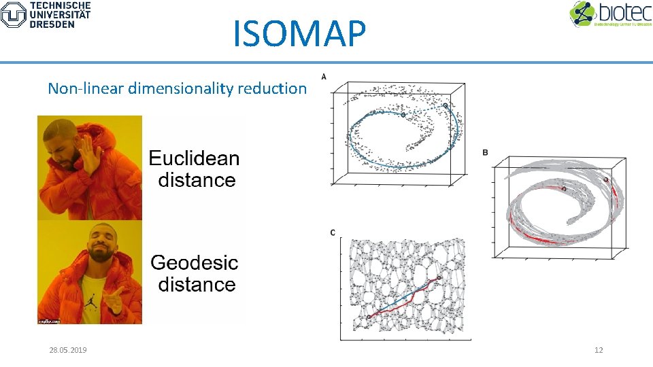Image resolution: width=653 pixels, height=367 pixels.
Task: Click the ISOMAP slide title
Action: pos(299,33)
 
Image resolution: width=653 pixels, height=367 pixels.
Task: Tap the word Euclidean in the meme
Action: pos(194,158)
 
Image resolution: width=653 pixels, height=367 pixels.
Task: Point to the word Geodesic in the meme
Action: pos(194,262)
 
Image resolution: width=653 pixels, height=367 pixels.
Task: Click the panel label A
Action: pos(324,76)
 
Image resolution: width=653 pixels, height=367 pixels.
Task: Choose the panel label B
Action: pos(485,152)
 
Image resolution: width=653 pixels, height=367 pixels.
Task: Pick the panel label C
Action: pos(333,233)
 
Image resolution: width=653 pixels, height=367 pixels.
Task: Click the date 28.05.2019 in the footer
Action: pos(68,350)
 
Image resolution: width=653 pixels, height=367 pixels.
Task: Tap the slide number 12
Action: pos(599,350)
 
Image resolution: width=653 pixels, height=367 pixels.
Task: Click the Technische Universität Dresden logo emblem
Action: pos(13,14)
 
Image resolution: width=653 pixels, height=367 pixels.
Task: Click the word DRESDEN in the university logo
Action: pos(52,24)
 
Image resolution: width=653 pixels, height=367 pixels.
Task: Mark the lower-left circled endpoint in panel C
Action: pos(369,317)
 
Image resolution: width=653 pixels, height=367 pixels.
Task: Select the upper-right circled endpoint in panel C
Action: pos(439,277)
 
